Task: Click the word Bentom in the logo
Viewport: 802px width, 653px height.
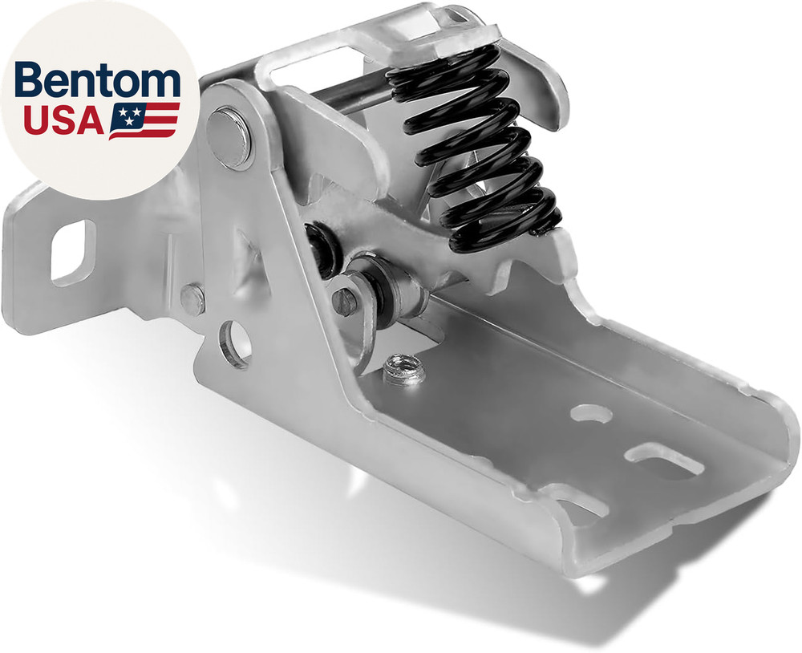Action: (98, 79)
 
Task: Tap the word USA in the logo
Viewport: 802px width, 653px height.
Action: (63, 120)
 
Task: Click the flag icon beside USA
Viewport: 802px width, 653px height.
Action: (144, 120)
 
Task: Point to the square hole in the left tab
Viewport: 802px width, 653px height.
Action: (73, 252)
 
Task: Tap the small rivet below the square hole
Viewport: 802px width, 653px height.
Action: (192, 300)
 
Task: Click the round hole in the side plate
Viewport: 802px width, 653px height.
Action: (234, 343)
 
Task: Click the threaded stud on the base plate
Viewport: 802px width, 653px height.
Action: (403, 369)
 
